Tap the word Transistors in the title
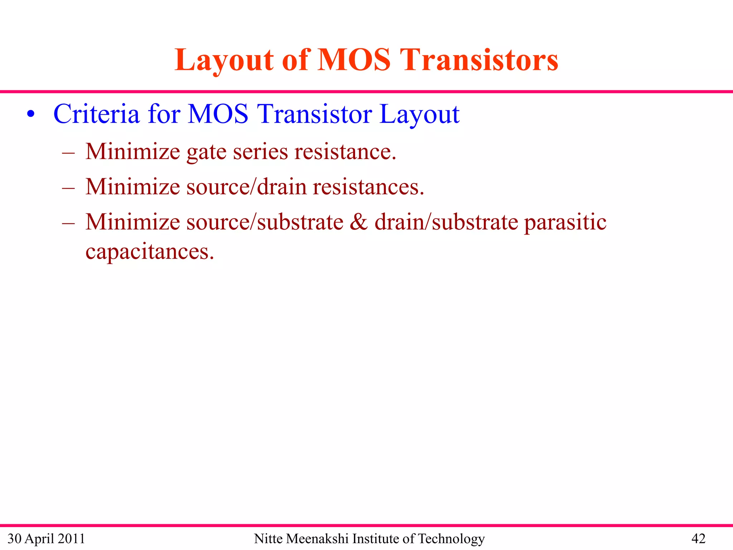[x=479, y=60]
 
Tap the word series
[x=260, y=152]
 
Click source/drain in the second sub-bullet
[x=246, y=187]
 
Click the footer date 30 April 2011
[x=46, y=539]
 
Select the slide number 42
[x=698, y=539]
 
